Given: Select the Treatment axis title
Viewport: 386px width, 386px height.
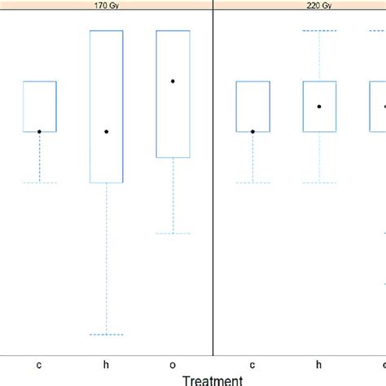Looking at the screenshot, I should click(212, 379).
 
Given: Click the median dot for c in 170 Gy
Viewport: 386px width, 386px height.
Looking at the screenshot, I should click(39, 131).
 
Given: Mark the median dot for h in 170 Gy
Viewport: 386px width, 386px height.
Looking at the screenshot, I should click(106, 131).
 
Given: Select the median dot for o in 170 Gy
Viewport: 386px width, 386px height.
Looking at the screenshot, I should click(173, 81).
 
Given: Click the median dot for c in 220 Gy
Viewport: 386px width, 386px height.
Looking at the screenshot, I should click(252, 131).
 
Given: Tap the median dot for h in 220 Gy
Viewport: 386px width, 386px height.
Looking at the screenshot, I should click(319, 106).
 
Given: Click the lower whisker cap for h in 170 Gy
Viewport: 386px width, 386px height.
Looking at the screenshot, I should click(106, 335).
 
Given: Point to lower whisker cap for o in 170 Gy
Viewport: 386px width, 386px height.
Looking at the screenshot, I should click(173, 234).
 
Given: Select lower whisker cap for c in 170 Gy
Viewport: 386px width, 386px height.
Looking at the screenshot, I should click(39, 182).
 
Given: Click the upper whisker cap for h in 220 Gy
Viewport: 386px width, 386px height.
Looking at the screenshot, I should click(319, 31).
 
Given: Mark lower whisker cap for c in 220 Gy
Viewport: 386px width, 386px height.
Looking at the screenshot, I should click(252, 182).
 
